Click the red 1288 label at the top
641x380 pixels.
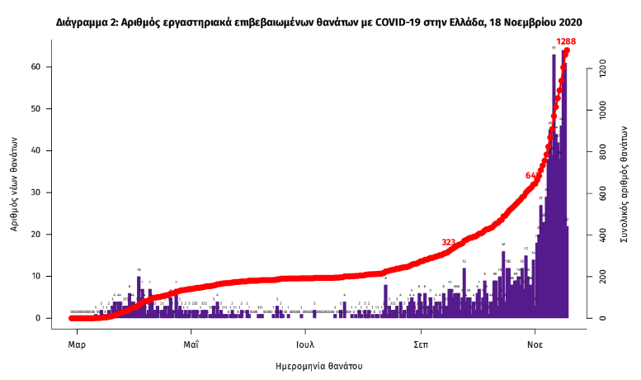tap(566, 41)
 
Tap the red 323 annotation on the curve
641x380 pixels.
tap(449, 242)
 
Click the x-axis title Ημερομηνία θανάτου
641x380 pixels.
tap(319, 364)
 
